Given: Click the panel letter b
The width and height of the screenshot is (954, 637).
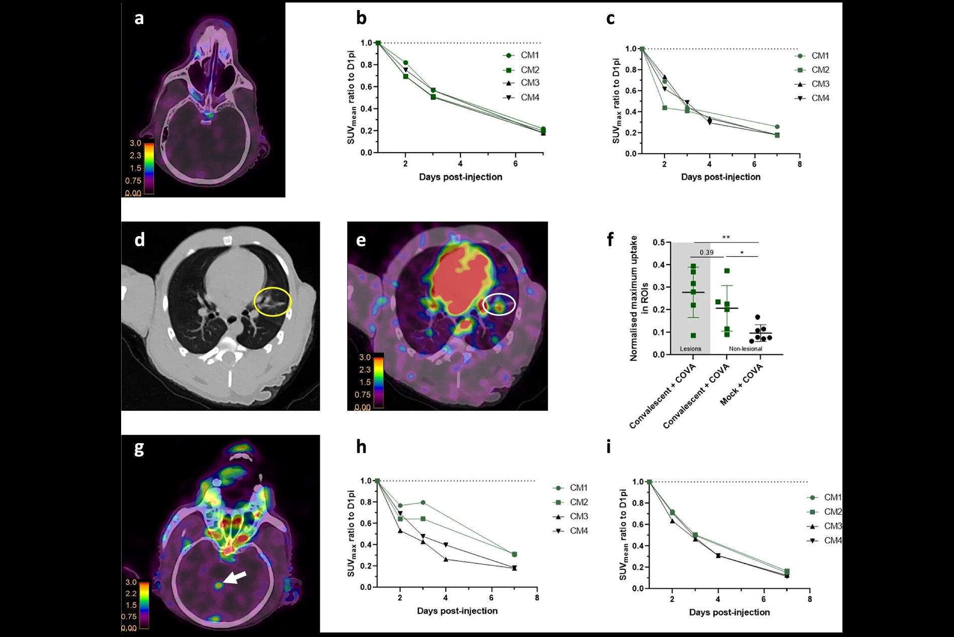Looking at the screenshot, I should point(361,19).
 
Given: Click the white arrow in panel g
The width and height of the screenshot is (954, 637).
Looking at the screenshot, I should point(235,578).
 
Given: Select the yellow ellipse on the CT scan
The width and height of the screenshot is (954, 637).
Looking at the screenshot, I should point(272,301).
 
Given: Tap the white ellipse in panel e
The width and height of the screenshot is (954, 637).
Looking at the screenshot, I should point(499,304).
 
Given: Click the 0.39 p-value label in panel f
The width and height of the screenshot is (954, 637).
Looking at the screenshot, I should point(707,252).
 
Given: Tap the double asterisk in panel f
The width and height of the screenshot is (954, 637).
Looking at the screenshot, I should point(726,238).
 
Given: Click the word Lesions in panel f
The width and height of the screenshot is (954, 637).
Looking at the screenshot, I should point(690,349).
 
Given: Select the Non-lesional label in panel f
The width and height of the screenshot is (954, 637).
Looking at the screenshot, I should point(745,349).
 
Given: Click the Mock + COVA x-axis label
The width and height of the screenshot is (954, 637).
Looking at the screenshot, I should point(742,385).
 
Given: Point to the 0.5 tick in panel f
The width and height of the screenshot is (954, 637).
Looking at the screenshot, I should point(658,243).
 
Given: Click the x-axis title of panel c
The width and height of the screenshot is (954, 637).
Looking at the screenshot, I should point(720,177).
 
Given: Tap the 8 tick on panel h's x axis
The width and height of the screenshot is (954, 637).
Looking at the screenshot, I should point(537,598).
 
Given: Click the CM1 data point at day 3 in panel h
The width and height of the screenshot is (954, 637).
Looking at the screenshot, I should point(423,502).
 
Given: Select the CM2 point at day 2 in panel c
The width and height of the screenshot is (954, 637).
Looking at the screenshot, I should point(664,108).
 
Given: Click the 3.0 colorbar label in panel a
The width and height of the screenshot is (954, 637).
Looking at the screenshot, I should point(136,143).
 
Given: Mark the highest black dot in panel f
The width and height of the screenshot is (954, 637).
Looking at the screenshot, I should point(757,317).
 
